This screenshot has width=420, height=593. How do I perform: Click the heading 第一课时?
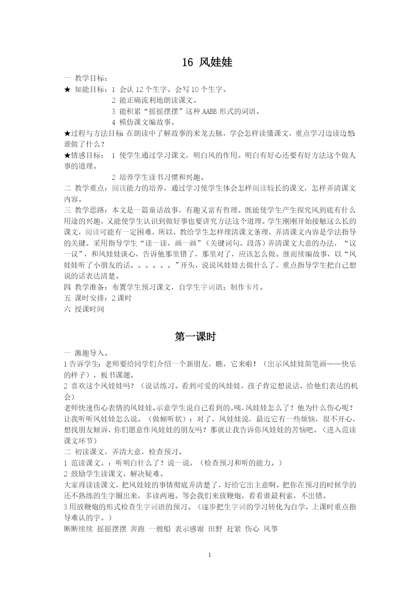click(x=195, y=336)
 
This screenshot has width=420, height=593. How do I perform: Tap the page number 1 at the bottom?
click(x=210, y=555)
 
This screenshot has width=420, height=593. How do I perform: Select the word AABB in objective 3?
click(x=210, y=111)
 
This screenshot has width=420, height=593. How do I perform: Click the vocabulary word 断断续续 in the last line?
click(x=78, y=529)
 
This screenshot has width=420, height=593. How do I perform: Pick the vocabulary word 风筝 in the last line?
click(x=271, y=529)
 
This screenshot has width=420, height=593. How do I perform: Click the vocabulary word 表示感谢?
click(x=189, y=529)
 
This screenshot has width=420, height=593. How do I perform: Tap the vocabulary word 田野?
click(x=215, y=529)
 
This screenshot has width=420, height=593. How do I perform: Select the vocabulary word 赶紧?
click(x=234, y=529)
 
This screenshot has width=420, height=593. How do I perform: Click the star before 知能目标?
click(x=67, y=90)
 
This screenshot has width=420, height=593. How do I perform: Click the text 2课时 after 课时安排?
click(x=121, y=298)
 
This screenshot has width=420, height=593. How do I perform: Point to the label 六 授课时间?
click(x=84, y=309)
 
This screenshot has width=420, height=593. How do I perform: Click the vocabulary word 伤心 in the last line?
click(x=252, y=529)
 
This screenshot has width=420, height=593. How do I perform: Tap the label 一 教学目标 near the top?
click(x=85, y=78)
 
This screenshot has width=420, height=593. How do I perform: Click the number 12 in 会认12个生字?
click(x=140, y=90)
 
